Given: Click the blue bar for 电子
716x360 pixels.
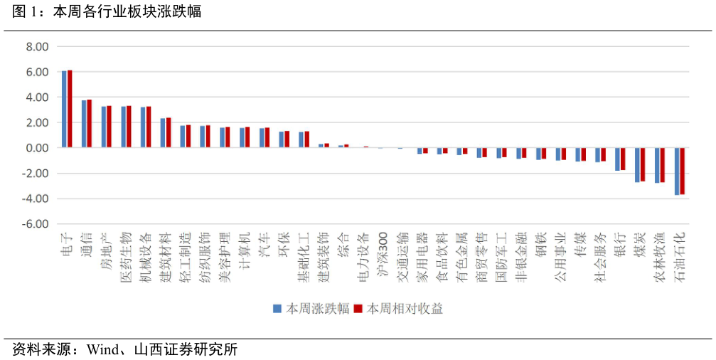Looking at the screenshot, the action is tap(65, 109).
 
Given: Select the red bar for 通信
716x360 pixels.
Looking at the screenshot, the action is tap(89, 123).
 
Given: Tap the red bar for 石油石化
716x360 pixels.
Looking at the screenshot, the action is tap(682, 171).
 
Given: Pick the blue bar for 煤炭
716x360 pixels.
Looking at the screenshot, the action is tap(637, 165).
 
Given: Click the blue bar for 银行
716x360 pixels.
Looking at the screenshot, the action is tap(617, 159).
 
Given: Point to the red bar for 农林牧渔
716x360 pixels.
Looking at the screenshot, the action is tap(662, 165).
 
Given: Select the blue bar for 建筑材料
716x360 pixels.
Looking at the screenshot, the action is tap(163, 133).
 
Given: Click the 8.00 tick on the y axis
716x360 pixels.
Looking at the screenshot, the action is tap(36, 46).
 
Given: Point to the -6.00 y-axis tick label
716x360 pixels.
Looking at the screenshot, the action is tap(35, 224).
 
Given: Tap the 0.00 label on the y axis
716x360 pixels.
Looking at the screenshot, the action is tap(36, 148).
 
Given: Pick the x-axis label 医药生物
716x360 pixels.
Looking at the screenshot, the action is tap(126, 258).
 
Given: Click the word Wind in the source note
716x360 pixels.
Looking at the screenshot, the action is tap(100, 349).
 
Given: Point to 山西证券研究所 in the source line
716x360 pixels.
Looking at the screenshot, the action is tap(186, 349).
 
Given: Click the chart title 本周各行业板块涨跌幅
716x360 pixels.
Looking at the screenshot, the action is tap(127, 11).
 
